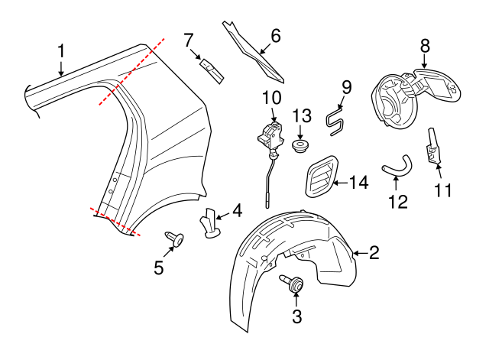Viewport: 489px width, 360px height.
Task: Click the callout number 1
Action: coord(62,51)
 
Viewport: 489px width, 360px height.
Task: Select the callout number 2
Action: coord(374,253)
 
